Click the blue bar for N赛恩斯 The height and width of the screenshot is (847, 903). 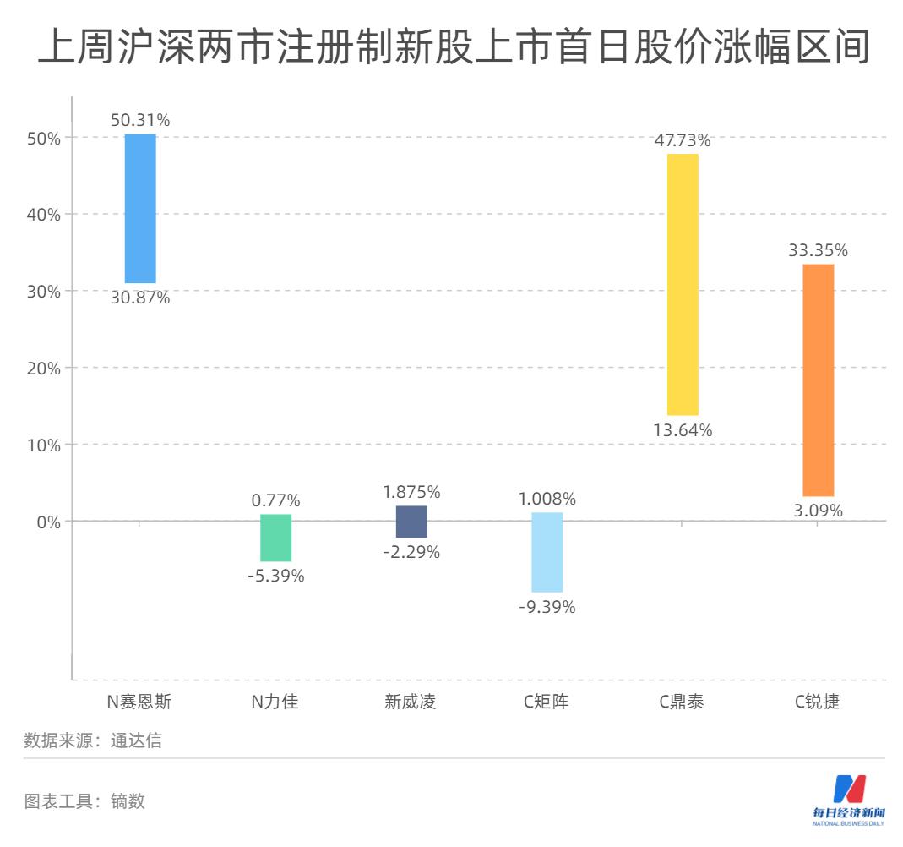pos(140,208)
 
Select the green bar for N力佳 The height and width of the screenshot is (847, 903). pos(275,538)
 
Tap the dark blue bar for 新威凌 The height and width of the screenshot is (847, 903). pos(411,522)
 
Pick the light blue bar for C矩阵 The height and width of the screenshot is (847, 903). pos(547,552)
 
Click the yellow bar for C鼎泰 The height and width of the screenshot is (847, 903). pos(683,284)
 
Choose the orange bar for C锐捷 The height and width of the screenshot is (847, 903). pos(818,380)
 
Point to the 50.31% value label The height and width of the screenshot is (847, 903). pos(140,120)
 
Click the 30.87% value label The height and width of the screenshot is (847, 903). pos(140,298)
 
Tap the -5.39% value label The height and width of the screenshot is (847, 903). pos(275,576)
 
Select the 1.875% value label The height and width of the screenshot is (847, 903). pos(411,492)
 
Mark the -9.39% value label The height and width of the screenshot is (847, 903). pos(547,607)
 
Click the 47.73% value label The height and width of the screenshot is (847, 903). pos(683,140)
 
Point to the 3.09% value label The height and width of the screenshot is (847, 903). pos(818,511)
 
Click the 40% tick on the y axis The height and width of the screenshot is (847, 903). pos(41,215)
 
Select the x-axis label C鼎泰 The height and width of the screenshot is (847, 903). pos(682,702)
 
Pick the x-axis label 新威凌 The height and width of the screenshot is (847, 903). pos(411,702)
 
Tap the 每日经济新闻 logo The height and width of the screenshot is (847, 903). pos(849,799)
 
